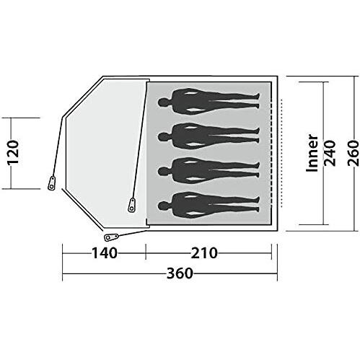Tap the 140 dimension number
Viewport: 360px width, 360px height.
click(104, 253)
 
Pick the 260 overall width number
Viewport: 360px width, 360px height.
click(351, 152)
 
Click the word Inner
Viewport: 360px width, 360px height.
click(312, 152)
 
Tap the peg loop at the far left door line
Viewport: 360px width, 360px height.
click(51, 183)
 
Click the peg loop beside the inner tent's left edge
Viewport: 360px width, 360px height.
click(132, 204)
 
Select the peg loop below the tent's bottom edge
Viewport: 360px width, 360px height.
click(110, 236)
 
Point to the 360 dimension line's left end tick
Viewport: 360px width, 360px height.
click(63, 274)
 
